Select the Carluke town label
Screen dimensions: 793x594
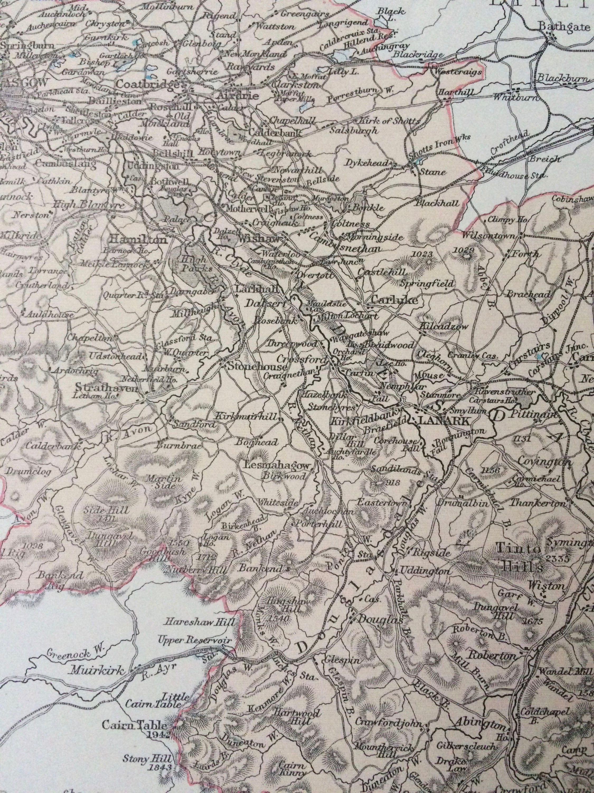(395, 301)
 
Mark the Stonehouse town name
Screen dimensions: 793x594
(257, 367)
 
